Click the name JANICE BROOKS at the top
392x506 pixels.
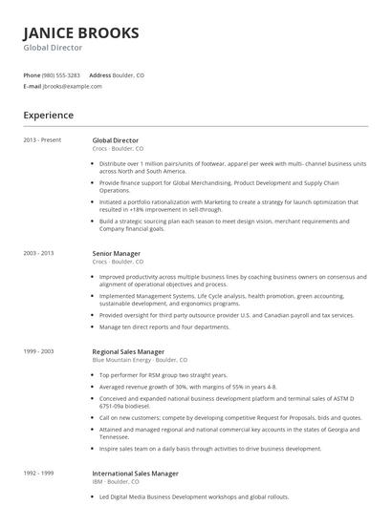[x=81, y=32]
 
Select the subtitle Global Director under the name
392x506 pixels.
[x=53, y=48]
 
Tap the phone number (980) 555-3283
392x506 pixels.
[x=62, y=74]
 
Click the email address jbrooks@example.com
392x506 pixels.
[x=73, y=86]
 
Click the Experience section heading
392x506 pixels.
[x=48, y=116]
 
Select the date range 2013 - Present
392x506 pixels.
[x=42, y=140]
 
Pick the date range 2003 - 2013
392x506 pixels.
[x=39, y=253]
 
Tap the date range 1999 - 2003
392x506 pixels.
[x=39, y=351]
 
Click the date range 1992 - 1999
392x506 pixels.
[x=39, y=473]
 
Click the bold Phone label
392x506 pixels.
[x=32, y=74]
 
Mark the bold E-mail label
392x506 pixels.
[x=33, y=86]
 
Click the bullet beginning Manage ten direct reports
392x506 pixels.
[x=163, y=327]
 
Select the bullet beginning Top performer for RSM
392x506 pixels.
[x=163, y=375]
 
